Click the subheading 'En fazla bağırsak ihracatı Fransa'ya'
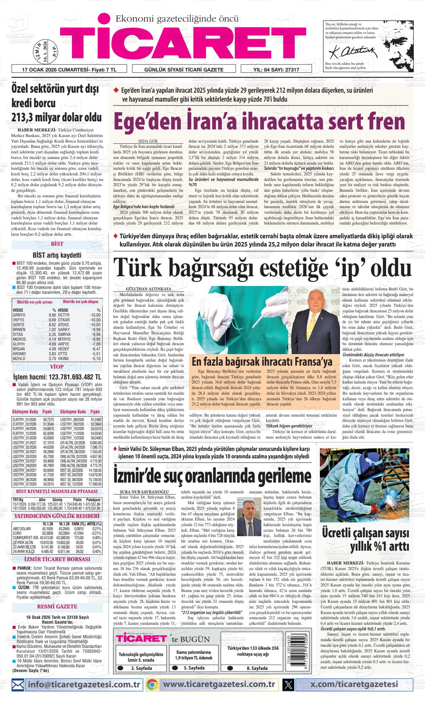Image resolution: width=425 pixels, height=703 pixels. [x=261, y=361]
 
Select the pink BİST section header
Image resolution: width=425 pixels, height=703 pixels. [x=57, y=244]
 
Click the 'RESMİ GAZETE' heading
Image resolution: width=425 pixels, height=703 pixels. [x=57, y=607]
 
